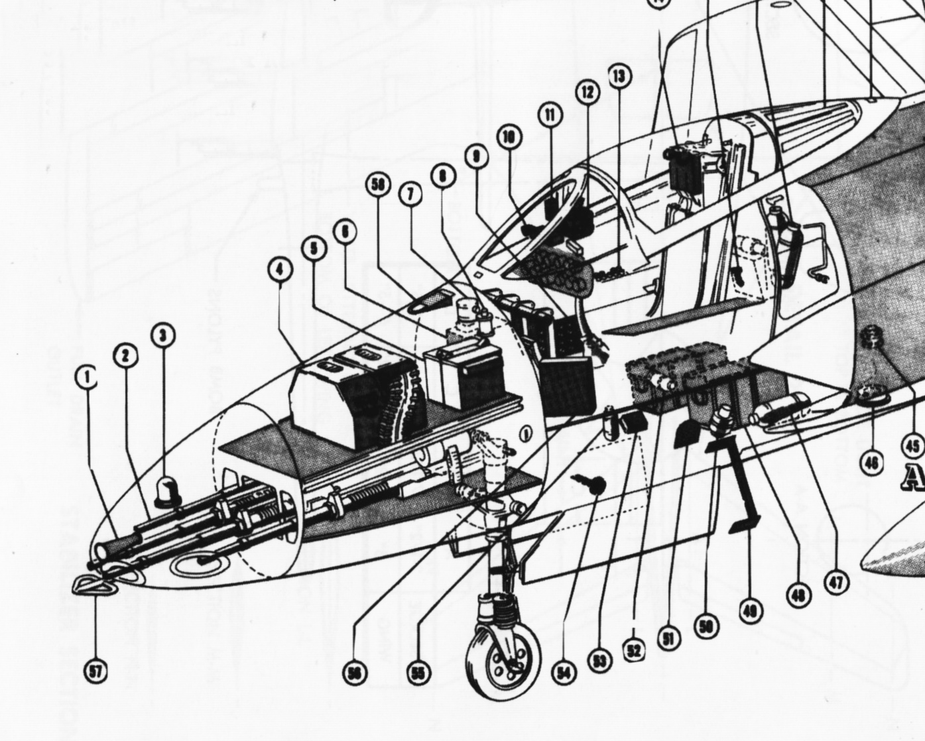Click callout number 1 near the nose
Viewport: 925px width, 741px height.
tap(86, 378)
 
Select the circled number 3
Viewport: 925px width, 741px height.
tap(163, 335)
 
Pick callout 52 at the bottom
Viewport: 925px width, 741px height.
tap(635, 650)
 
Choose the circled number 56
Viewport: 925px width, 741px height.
tap(354, 673)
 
